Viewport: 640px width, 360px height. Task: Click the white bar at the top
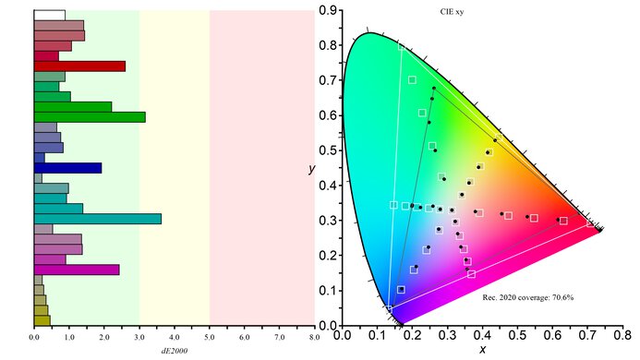(x=49, y=16)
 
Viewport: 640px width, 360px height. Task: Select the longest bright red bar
(x=79, y=66)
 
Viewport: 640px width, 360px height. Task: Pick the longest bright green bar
(x=89, y=117)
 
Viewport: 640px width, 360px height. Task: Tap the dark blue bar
(x=67, y=168)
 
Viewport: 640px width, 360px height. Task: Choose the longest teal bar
(x=97, y=219)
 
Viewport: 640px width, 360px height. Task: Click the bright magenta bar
(x=77, y=270)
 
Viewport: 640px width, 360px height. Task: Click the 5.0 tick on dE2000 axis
(x=210, y=339)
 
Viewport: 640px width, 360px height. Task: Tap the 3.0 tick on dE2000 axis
(x=139, y=339)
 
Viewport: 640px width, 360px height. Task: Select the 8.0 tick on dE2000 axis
(x=315, y=339)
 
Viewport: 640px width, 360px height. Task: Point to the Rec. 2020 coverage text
(x=527, y=298)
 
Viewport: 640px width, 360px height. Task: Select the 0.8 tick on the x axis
(x=625, y=338)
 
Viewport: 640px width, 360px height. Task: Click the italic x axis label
(x=482, y=352)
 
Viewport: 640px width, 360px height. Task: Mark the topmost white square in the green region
(x=412, y=80)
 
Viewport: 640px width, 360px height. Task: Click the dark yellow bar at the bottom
(x=42, y=320)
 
